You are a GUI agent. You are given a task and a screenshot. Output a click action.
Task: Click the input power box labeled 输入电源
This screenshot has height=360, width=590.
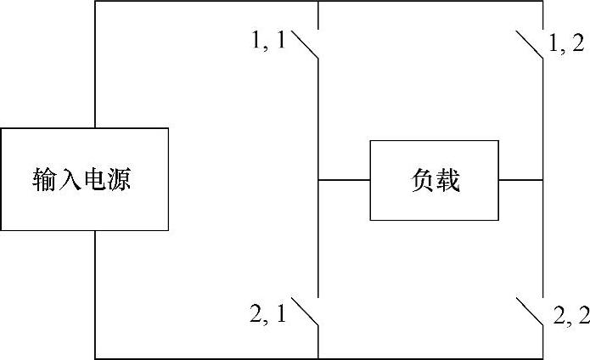tap(84, 179)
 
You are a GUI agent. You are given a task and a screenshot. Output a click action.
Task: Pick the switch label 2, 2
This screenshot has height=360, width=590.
tap(570, 315)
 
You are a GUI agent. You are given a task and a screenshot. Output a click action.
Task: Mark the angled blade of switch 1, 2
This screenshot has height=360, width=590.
tap(530, 45)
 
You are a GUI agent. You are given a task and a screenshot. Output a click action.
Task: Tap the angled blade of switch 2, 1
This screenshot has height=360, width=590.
tap(306, 313)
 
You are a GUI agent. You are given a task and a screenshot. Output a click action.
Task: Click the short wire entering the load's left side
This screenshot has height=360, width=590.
tap(344, 180)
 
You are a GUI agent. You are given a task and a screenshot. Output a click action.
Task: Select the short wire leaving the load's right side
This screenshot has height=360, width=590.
tap(520, 180)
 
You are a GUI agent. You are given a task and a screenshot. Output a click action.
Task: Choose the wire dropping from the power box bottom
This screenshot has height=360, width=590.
tap(95, 293)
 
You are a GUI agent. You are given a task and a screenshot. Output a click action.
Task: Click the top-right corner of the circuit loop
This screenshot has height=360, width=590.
tap(542, 2)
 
